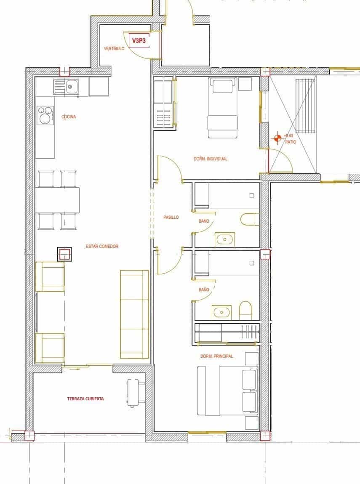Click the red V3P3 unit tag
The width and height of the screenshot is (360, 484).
pyautogui.click(x=139, y=41)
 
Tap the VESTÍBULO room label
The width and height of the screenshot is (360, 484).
pyautogui.click(x=114, y=49)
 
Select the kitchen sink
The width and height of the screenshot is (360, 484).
pyautogui.click(x=70, y=88)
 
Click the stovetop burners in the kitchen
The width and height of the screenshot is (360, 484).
pyautogui.click(x=46, y=114)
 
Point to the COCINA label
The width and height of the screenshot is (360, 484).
pyautogui.click(x=69, y=117)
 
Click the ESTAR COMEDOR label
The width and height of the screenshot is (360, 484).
pyautogui.click(x=102, y=246)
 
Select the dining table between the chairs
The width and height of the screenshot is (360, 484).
pyautogui.click(x=57, y=200)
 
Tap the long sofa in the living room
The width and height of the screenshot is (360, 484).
pyautogui.click(x=134, y=312)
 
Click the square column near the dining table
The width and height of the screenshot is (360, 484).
pyautogui.click(x=64, y=254)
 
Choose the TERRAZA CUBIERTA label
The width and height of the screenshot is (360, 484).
pyautogui.click(x=85, y=399)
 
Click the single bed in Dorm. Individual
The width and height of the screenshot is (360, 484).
pyautogui.click(x=222, y=108)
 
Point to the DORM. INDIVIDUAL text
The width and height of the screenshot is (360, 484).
pyautogui.click(x=210, y=159)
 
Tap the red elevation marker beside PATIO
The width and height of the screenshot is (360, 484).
pyautogui.click(x=277, y=137)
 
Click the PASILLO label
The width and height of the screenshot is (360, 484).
pyautogui.click(x=171, y=217)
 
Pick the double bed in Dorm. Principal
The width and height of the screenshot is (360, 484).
pyautogui.click(x=227, y=391)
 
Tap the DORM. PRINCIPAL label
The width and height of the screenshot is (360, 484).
pyautogui.click(x=216, y=356)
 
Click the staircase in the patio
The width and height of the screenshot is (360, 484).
pyautogui.click(x=305, y=105)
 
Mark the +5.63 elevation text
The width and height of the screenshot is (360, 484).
pyautogui.click(x=288, y=136)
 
